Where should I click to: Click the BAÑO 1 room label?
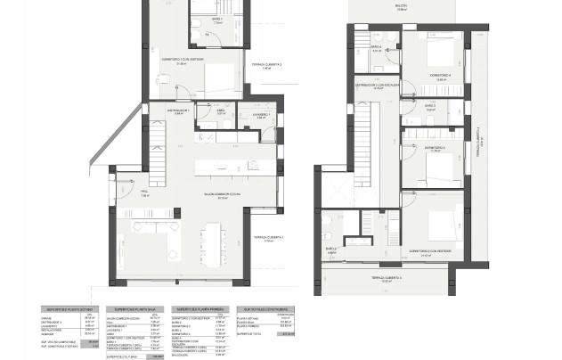pos(217,19)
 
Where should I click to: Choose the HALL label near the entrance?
pos(143,192)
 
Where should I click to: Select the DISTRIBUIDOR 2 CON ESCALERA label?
pos(380,86)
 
